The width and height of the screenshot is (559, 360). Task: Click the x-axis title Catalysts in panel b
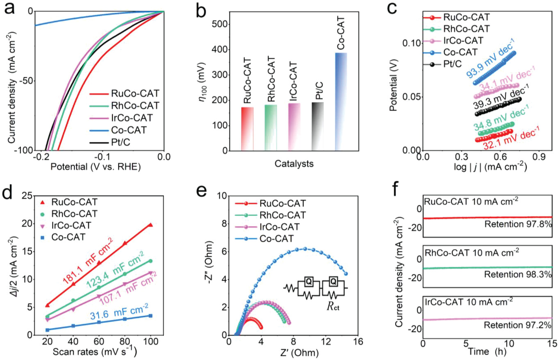[294, 164]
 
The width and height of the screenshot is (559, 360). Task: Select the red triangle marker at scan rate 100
[150, 225]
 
